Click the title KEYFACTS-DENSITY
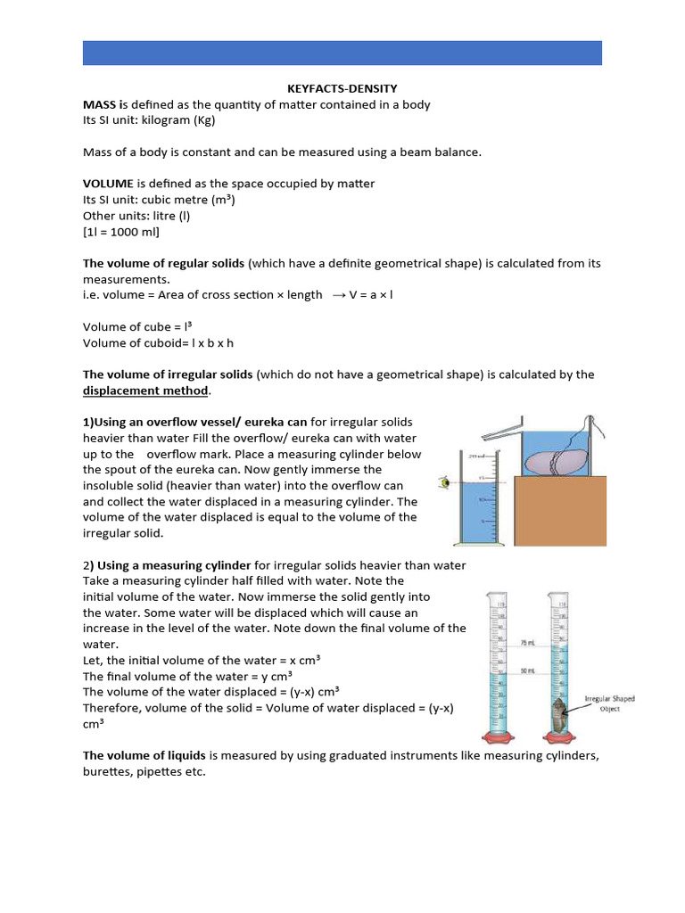(342, 88)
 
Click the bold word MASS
(100, 104)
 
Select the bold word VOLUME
(108, 184)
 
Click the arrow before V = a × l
(339, 295)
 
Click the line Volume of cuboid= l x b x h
(158, 342)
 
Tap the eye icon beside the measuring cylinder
(442, 482)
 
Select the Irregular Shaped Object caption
(609, 704)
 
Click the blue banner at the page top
(342, 53)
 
